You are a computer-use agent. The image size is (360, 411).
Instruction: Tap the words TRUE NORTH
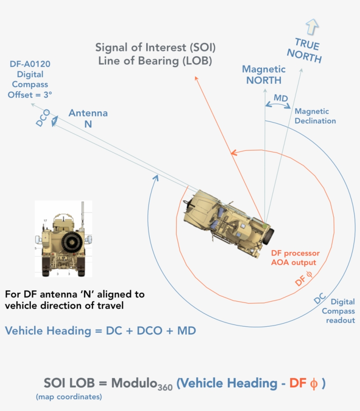(x=304, y=50)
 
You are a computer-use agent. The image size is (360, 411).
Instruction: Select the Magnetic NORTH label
(x=264, y=75)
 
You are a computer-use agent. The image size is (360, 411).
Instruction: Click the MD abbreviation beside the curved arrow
(x=281, y=97)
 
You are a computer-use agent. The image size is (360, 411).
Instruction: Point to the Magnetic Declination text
(x=315, y=116)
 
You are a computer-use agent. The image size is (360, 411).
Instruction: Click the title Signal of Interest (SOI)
(x=156, y=47)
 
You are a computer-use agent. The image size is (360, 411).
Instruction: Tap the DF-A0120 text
(x=30, y=65)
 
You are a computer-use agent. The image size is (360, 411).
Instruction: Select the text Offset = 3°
(x=30, y=94)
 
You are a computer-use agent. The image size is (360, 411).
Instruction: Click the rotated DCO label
(x=43, y=119)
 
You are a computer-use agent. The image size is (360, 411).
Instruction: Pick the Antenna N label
(x=88, y=119)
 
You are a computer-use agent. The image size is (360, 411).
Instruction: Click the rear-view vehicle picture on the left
(x=63, y=239)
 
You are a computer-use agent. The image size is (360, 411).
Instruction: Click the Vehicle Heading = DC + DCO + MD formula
(x=101, y=331)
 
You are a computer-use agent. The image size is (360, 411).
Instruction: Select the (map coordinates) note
(x=69, y=397)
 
